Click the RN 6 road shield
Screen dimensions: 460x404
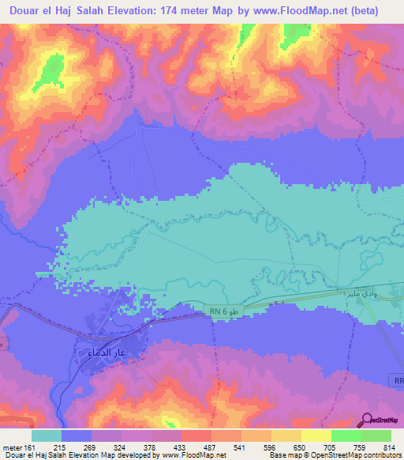pyautogui.click(x=219, y=311)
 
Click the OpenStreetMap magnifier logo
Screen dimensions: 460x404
pyautogui.click(x=368, y=419)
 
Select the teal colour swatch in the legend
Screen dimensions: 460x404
pyautogui.click(x=47, y=435)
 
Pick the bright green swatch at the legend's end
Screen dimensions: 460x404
pyautogui.click(x=376, y=435)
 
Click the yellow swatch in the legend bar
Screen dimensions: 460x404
pyautogui.click(x=316, y=435)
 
